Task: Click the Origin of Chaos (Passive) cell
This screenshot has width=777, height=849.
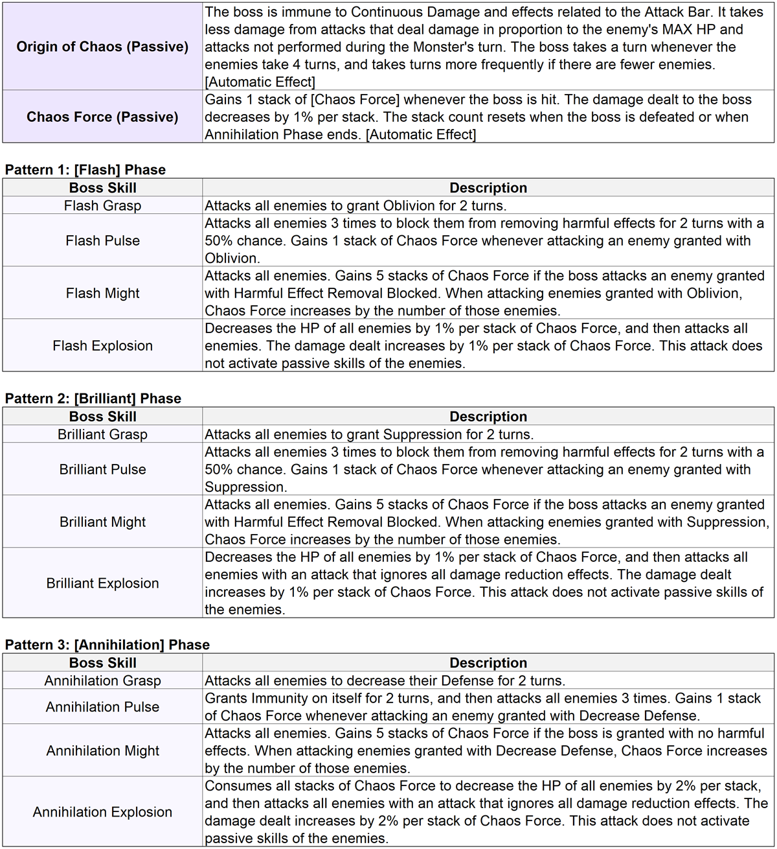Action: (102, 47)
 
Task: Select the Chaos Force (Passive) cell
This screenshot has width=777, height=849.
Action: (102, 117)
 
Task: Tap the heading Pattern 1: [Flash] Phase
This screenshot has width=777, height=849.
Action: (85, 170)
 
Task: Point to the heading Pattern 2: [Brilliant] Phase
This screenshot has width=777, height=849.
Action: (93, 399)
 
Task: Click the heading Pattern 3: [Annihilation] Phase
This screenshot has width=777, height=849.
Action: (107, 645)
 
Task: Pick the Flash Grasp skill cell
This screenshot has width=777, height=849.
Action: (102, 205)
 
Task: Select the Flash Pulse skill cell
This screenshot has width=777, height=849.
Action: (102, 240)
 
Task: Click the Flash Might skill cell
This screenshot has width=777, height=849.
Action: (102, 293)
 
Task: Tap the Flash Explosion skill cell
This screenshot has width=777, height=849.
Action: (102, 345)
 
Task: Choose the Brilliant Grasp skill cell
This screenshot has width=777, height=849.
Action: (102, 434)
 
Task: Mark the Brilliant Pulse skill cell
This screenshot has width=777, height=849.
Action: (102, 469)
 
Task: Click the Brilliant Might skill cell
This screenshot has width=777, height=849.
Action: (102, 522)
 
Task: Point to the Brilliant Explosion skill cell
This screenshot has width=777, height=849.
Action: (102, 583)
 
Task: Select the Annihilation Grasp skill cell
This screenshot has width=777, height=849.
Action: (102, 680)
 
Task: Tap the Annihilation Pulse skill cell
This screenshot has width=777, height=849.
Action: (102, 707)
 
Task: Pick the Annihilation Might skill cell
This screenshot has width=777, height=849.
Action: (102, 750)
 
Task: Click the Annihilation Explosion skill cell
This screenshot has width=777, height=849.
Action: (102, 812)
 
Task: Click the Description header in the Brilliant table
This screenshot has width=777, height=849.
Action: (488, 417)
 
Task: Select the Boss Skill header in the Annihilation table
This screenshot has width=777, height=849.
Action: (102, 663)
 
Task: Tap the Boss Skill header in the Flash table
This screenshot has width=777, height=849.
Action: (102, 188)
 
